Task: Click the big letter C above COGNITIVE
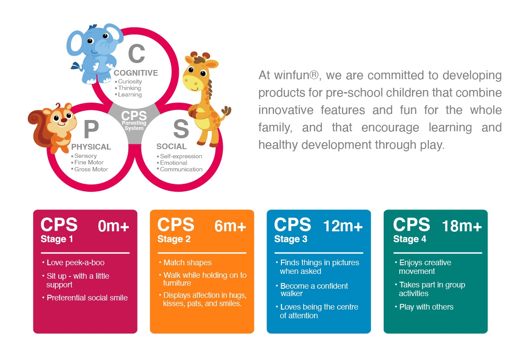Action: coord(137,53)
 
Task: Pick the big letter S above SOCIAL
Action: coord(181,129)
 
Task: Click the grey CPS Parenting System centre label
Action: coord(134,120)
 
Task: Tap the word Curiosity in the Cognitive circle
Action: coord(130,81)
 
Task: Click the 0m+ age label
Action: coord(113,226)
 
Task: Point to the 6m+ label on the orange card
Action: coord(230,226)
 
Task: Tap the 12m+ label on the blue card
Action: coord(343,226)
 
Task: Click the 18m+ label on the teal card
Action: coord(462,226)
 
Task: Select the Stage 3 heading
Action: coord(291,239)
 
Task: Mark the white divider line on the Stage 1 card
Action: coord(85,253)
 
